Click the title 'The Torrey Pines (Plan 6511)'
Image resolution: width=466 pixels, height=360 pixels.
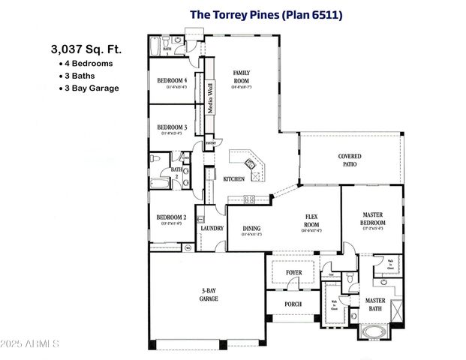click(x=266, y=14)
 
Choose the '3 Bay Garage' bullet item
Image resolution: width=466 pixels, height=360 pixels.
click(x=92, y=88)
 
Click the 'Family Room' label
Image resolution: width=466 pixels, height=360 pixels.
click(x=241, y=76)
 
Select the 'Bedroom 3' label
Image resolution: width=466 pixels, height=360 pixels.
click(x=172, y=127)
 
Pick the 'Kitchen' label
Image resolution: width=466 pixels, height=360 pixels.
click(x=233, y=178)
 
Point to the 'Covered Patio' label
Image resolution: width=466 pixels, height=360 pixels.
click(x=350, y=160)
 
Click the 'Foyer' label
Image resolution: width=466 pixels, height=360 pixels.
click(x=293, y=273)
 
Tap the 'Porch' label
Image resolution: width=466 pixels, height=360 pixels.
click(x=293, y=304)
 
